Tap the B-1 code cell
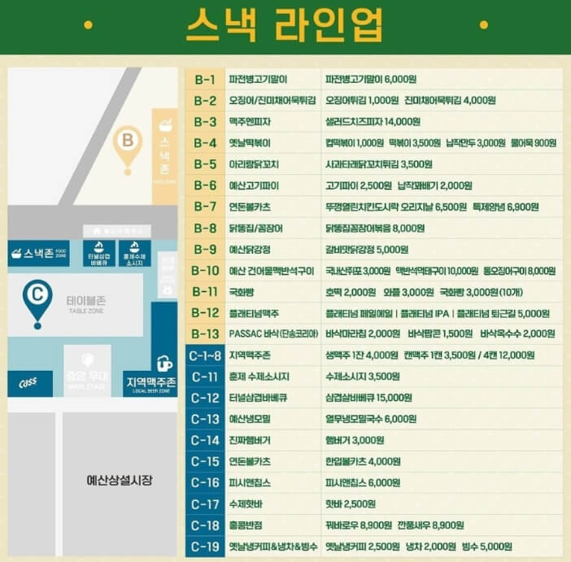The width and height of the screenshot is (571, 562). tap(205, 80)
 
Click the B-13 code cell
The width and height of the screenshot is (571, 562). tap(205, 333)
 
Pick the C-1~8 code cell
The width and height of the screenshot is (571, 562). tap(205, 355)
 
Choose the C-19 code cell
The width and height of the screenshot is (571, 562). tap(205, 546)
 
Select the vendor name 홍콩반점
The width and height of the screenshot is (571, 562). tap(249, 525)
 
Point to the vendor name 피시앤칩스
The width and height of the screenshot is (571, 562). tap(252, 482)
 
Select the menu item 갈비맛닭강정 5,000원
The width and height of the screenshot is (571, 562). tap(367, 249)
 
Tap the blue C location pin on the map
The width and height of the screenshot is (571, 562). tap(36, 296)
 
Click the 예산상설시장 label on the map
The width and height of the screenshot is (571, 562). tap(120, 480)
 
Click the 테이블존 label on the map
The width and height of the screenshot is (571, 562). tap(85, 302)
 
